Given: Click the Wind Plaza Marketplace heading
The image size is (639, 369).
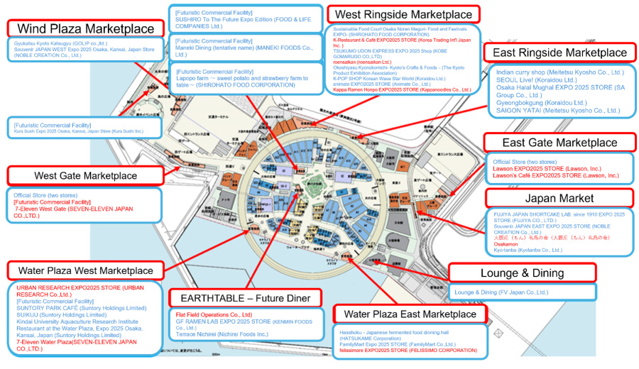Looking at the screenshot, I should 85,28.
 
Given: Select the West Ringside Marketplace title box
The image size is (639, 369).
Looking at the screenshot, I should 403,14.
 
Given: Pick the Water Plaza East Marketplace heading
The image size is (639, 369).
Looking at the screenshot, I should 410,314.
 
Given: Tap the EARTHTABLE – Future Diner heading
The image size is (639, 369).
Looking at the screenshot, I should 245,298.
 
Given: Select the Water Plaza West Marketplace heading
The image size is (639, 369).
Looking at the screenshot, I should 85,270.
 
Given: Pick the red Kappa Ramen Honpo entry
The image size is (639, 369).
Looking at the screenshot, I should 401,90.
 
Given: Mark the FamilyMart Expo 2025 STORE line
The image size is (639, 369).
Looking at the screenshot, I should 398,343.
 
